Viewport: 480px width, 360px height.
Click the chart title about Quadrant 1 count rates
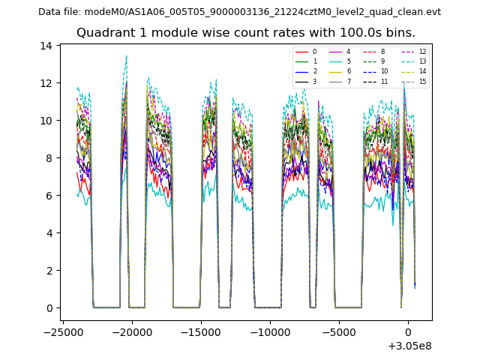coord(245,33)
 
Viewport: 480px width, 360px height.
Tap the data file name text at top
coord(239,12)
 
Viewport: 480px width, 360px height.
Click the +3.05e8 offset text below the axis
coord(409,346)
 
